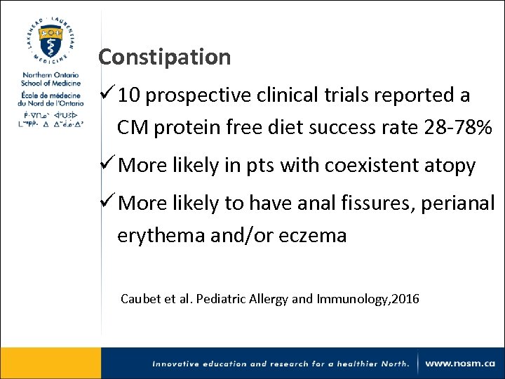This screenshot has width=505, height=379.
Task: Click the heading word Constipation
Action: click(x=164, y=57)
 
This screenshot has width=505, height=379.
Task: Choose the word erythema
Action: click(x=161, y=235)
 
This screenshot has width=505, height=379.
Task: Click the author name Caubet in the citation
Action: click(x=140, y=299)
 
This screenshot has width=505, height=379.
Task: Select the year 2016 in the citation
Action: click(x=406, y=299)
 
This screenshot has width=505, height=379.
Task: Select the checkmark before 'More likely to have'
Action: click(x=107, y=204)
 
